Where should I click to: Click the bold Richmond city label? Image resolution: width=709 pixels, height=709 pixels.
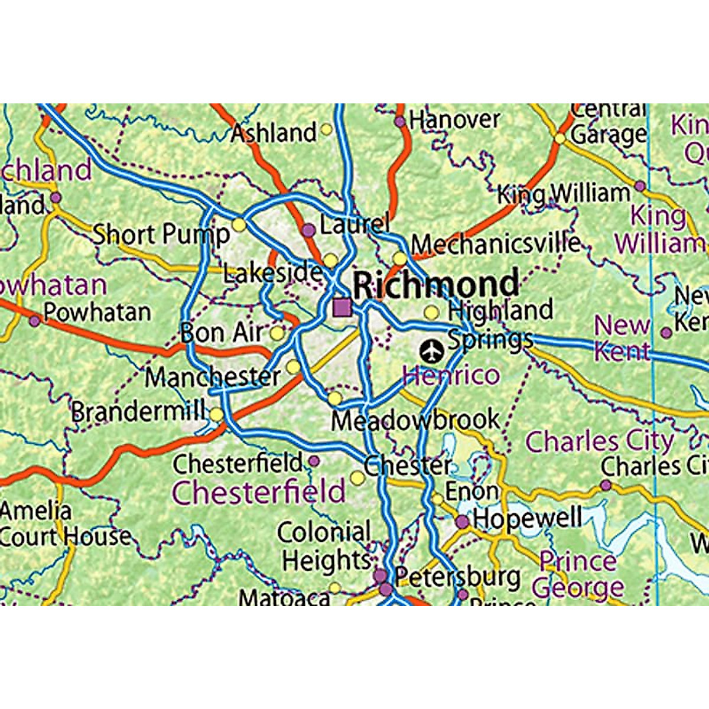pyautogui.click(x=436, y=285)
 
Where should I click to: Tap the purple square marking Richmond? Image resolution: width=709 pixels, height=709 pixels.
pyautogui.click(x=342, y=307)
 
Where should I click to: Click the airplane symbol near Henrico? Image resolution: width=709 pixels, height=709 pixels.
pyautogui.click(x=432, y=352)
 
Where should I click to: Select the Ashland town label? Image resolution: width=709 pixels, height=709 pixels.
pyautogui.click(x=274, y=133)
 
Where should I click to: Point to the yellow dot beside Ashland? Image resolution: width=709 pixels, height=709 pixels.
pyautogui.click(x=326, y=130)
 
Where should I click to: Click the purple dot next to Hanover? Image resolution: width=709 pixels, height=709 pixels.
pyautogui.click(x=400, y=122)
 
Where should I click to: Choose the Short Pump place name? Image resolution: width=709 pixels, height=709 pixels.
pyautogui.click(x=161, y=235)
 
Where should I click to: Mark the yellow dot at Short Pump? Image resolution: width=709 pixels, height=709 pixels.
pyautogui.click(x=239, y=225)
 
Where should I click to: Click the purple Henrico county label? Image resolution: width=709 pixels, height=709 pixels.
pyautogui.click(x=451, y=375)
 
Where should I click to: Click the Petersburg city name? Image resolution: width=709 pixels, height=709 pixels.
pyautogui.click(x=457, y=576)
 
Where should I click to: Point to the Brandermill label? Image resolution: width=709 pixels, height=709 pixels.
pyautogui.click(x=139, y=411)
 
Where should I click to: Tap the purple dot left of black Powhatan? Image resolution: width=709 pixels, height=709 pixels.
pyautogui.click(x=35, y=321)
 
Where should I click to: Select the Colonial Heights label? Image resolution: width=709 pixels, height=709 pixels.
pyautogui.click(x=325, y=547)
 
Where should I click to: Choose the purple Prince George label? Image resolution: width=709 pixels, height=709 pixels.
pyautogui.click(x=578, y=574)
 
